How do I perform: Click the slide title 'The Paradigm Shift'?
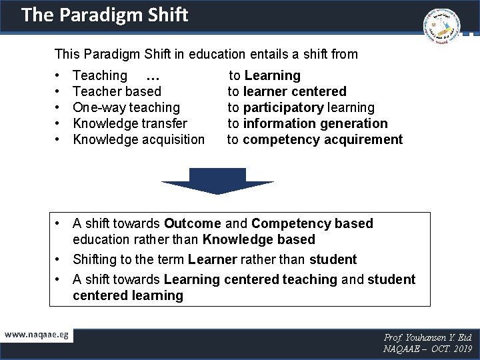[x=104, y=15]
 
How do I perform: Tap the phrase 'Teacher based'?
[x=117, y=91]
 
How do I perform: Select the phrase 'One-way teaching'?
[x=126, y=107]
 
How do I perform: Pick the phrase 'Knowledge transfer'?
[x=130, y=123]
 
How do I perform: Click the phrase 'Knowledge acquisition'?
[x=139, y=139]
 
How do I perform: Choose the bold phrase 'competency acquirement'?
[x=323, y=139]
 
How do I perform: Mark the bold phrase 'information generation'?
[x=315, y=123]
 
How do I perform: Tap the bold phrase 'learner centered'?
[x=295, y=91]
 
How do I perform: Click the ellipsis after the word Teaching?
[x=151, y=76]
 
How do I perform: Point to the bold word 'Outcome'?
[x=193, y=223]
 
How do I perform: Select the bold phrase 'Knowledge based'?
[x=259, y=239]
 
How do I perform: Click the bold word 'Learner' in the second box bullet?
[x=213, y=259]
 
